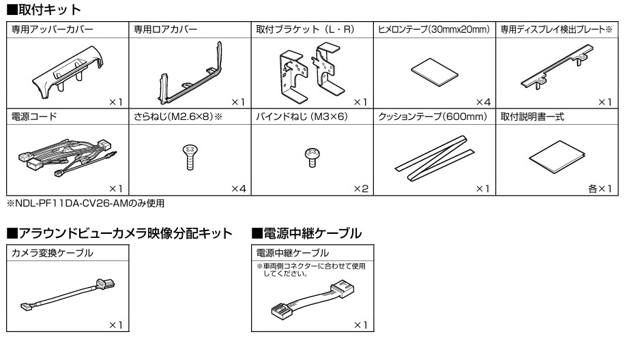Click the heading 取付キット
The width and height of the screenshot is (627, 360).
coord(44,10)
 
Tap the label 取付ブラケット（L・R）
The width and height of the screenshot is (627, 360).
coord(305,29)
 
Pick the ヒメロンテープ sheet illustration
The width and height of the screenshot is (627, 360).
coord(435,72)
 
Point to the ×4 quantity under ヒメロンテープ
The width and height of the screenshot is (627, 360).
coord(483,102)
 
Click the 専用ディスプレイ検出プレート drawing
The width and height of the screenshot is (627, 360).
coord(557,67)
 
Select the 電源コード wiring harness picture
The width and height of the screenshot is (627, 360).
coord(67,157)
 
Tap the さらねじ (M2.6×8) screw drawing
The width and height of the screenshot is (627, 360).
coord(190,157)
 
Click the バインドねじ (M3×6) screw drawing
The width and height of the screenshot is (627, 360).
coord(312,157)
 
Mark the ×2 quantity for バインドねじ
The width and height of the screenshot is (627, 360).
coord(361,189)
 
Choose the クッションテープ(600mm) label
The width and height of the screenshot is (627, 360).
coord(433,117)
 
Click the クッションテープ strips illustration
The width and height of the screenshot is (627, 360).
coord(435,157)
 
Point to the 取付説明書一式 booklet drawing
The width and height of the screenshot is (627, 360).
coord(557,157)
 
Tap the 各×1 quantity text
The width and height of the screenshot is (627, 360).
coord(600,189)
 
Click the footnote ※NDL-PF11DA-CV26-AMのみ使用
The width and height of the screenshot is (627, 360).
coord(85,203)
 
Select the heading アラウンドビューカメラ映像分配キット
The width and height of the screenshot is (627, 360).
coord(119,233)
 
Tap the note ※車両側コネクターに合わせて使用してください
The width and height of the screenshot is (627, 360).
coord(311,270)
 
